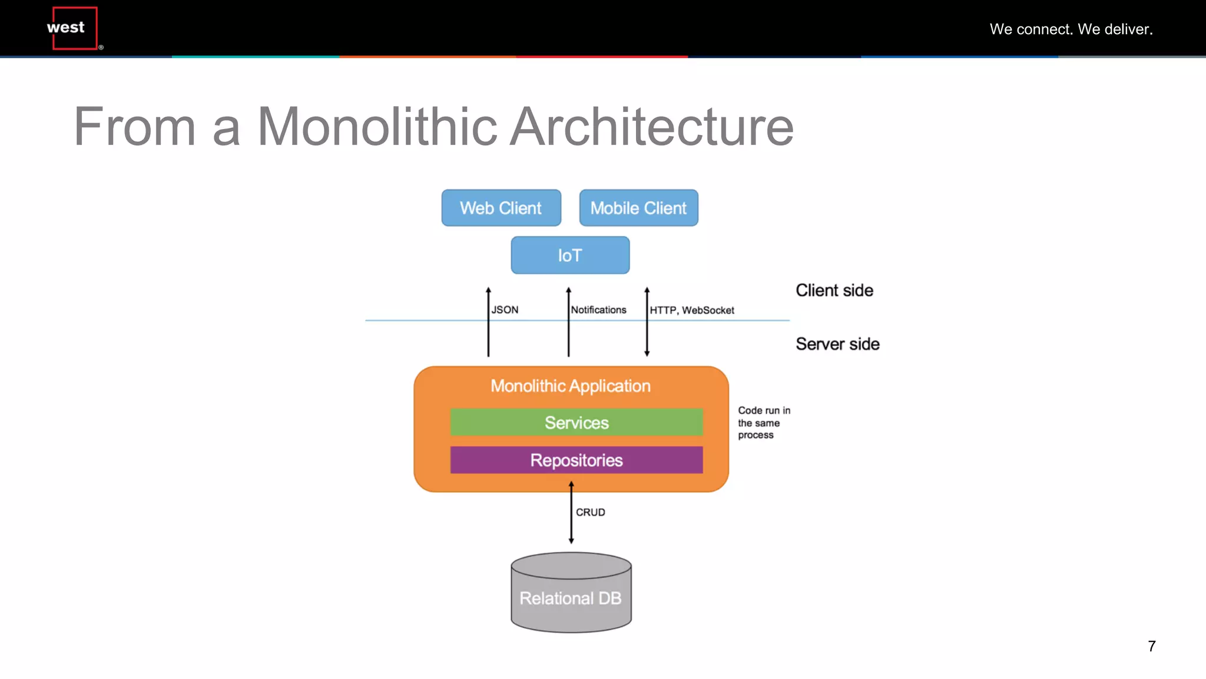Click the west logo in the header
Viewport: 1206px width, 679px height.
pos(74,28)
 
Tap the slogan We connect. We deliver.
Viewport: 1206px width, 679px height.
pos(1071,29)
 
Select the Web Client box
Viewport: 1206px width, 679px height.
pos(501,208)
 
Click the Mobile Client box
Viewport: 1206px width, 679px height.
pos(638,208)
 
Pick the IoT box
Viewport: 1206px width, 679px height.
pos(570,255)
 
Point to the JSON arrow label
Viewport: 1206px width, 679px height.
pos(505,309)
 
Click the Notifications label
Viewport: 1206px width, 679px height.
pos(598,309)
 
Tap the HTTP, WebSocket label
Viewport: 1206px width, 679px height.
pos(692,310)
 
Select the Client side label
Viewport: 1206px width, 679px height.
pos(834,290)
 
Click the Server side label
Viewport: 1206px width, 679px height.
pos(837,344)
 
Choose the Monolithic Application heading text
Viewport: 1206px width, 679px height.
pos(570,385)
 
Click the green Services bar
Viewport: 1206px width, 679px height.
pos(576,423)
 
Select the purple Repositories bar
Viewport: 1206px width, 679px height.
pos(576,460)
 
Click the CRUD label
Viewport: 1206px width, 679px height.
pos(590,512)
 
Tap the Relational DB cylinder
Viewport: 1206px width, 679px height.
pos(571,595)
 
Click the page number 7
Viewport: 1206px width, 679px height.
pos(1151,646)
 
